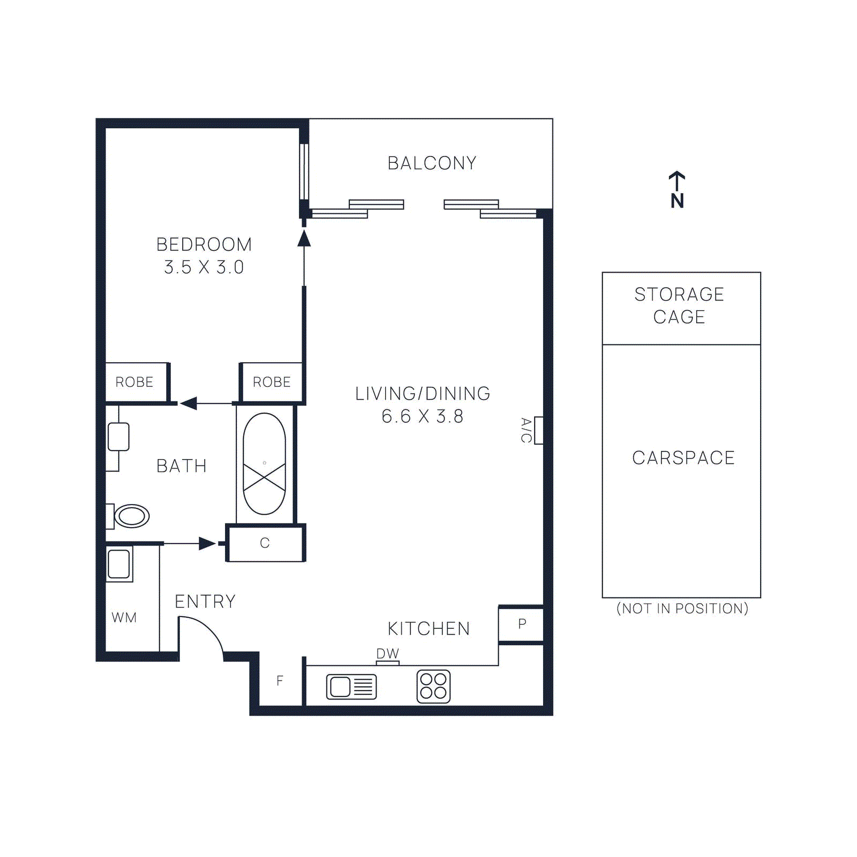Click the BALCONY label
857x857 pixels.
(432, 163)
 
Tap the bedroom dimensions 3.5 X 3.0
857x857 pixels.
(204, 267)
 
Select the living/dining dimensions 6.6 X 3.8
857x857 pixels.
(422, 416)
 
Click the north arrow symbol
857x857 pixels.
(677, 190)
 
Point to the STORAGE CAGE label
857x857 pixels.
(679, 305)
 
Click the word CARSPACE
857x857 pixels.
(683, 458)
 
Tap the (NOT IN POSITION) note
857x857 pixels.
(682, 608)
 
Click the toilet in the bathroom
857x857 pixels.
(131, 516)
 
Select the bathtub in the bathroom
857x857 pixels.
(264, 464)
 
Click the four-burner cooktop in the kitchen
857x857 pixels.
(433, 686)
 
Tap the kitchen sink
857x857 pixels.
(351, 687)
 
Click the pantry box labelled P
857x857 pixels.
(522, 624)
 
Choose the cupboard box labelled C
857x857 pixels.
(265, 543)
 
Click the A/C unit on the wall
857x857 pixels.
(538, 430)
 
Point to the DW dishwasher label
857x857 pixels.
(387, 653)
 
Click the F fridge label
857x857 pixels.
(280, 681)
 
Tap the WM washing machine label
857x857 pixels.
(124, 618)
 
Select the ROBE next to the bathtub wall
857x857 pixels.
(272, 382)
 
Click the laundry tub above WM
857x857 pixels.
(119, 563)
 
